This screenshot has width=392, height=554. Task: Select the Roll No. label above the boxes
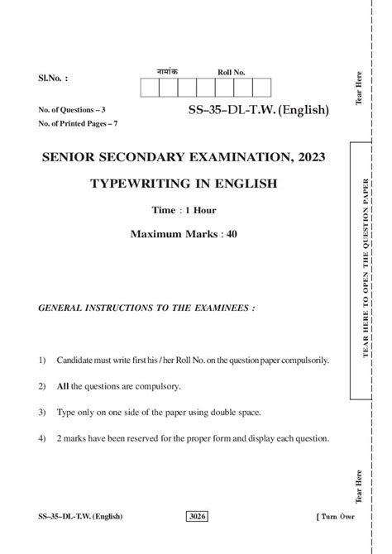coord(232,72)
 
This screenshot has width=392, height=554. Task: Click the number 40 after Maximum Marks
coord(232,234)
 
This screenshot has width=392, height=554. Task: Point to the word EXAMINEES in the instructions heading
coord(217,308)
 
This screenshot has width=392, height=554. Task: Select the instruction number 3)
coord(41,412)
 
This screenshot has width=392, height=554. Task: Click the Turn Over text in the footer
coord(337,517)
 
